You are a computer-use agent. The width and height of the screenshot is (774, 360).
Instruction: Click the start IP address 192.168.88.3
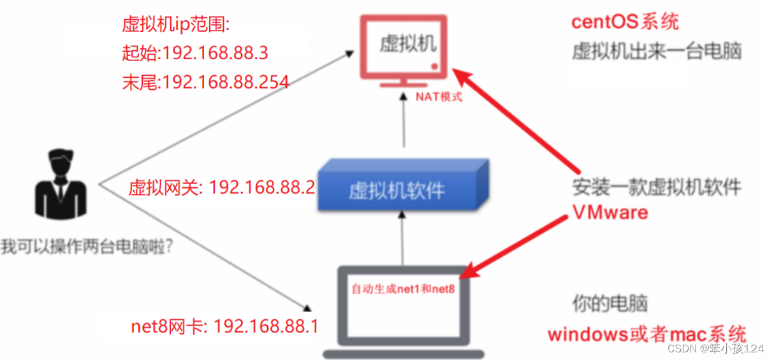click(215, 53)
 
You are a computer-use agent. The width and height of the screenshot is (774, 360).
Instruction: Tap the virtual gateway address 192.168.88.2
click(262, 187)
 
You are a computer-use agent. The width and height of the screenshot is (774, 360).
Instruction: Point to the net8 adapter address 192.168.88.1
click(265, 326)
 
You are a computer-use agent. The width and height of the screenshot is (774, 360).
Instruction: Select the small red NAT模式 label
click(439, 97)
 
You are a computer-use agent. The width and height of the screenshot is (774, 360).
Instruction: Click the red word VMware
click(610, 212)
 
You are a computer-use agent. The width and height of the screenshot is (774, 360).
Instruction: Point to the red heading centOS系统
click(625, 22)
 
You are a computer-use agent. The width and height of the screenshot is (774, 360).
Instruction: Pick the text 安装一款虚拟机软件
click(656, 187)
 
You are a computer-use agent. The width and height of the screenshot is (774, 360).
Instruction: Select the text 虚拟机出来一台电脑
click(656, 51)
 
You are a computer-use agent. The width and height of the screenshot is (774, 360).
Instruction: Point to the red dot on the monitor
click(434, 66)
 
